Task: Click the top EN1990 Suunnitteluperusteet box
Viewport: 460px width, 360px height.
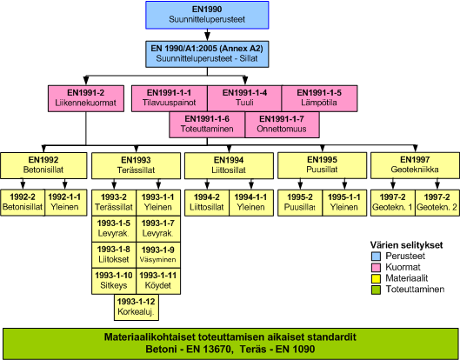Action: click(207, 15)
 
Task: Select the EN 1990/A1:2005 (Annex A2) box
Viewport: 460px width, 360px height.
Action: click(207, 54)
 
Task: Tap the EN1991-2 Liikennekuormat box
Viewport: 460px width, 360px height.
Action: click(86, 98)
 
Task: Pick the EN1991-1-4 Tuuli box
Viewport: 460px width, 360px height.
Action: click(244, 98)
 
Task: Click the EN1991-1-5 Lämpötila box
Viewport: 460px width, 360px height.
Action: click(319, 98)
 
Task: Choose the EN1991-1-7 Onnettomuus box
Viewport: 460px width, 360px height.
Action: click(282, 124)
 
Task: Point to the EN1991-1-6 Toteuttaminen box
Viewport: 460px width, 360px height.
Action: click(207, 124)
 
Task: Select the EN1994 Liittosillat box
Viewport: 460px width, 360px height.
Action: click(229, 165)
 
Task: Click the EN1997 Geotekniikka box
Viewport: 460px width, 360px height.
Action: click(415, 165)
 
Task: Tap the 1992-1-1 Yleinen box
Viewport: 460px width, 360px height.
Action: click(66, 203)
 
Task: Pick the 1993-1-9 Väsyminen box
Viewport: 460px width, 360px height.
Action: click(158, 255)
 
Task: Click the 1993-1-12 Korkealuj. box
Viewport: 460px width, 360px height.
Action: click(137, 307)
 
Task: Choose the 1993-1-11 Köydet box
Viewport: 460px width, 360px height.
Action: click(158, 281)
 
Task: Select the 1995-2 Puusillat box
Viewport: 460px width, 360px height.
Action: click(300, 203)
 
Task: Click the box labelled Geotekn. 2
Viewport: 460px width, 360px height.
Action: click(437, 203)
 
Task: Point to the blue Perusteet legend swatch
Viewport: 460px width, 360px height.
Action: click(376, 257)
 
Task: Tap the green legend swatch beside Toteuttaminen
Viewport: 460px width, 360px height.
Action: click(376, 290)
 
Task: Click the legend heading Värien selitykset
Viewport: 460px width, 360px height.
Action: click(406, 245)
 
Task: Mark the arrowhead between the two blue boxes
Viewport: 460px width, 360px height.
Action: click(207, 37)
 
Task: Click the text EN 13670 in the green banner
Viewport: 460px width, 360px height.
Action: click(210, 350)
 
